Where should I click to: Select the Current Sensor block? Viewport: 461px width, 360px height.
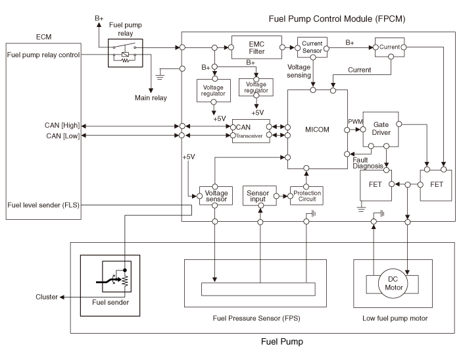click(312, 47)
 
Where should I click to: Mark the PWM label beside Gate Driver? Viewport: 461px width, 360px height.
click(354, 121)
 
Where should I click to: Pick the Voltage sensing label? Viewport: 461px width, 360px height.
click(300, 71)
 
